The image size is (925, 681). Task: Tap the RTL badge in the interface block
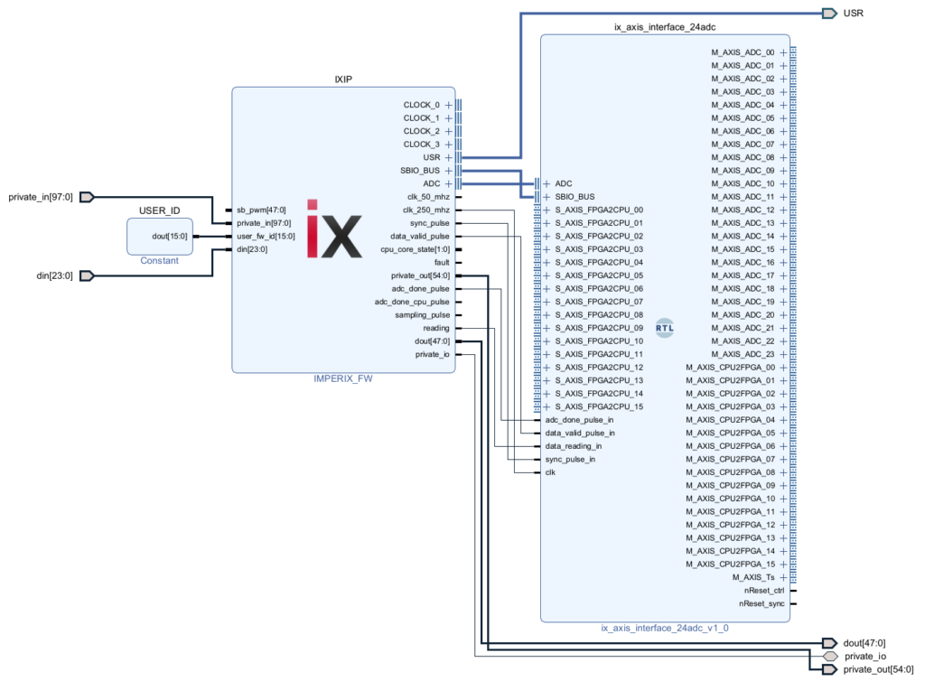(x=665, y=328)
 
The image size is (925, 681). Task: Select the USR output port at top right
(x=828, y=13)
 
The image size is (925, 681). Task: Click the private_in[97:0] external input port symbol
(x=87, y=197)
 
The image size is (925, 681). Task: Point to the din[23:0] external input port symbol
(x=87, y=275)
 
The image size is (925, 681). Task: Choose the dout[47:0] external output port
(x=828, y=642)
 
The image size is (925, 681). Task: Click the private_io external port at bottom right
(x=828, y=657)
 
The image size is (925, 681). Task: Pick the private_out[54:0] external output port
(x=828, y=670)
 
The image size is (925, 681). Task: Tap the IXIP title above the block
(x=343, y=79)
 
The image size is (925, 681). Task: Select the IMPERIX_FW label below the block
(x=343, y=379)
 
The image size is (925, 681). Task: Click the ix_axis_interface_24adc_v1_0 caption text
(x=665, y=628)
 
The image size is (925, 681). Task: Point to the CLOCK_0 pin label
(x=421, y=105)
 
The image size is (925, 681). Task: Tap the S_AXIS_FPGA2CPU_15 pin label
(x=599, y=406)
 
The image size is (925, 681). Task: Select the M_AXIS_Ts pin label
(x=753, y=577)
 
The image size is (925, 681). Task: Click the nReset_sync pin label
(x=761, y=603)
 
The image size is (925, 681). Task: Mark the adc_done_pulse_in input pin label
(x=579, y=420)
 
